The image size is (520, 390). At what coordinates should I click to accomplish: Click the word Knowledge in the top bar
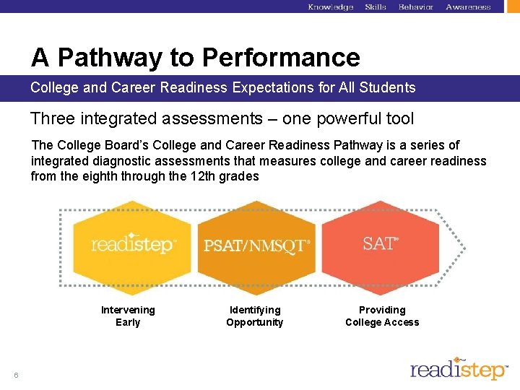coord(330,7)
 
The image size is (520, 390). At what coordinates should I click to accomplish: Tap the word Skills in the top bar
coord(376,7)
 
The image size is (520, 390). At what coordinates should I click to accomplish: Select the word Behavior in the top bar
coord(416,7)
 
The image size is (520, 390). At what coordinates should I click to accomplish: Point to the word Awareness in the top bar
coord(468,7)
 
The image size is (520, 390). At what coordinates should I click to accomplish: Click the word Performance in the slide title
coord(281,57)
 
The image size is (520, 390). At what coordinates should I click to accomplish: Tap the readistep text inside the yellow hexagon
coord(133,244)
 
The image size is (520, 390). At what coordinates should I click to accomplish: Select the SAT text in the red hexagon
coord(381,243)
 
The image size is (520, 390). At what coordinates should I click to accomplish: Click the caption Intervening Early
coord(128,316)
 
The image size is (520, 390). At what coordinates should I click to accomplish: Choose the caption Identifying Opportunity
coord(255,316)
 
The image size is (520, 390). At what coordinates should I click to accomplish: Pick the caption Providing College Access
coord(382,316)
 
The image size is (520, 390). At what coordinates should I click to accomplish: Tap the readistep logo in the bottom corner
coord(459,368)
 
